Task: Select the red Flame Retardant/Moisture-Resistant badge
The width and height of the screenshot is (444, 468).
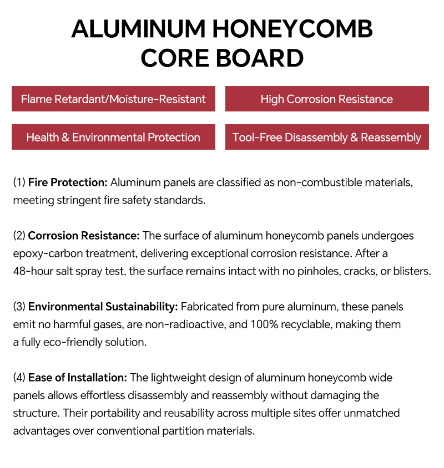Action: (x=113, y=99)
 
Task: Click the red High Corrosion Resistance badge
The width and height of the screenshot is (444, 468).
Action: (x=326, y=99)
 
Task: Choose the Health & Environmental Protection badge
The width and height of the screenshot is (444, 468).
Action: (x=113, y=138)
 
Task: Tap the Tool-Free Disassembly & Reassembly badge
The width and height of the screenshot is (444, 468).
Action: (x=326, y=138)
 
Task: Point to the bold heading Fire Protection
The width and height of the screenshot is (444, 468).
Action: (x=68, y=182)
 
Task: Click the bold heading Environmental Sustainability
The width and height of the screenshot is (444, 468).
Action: (x=103, y=307)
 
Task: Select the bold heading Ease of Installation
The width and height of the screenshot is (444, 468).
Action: (x=78, y=378)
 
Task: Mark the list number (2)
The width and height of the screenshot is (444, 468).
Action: (x=19, y=236)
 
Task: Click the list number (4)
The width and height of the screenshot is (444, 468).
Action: (x=19, y=378)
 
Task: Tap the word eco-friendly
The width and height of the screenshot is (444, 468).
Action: (x=69, y=342)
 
